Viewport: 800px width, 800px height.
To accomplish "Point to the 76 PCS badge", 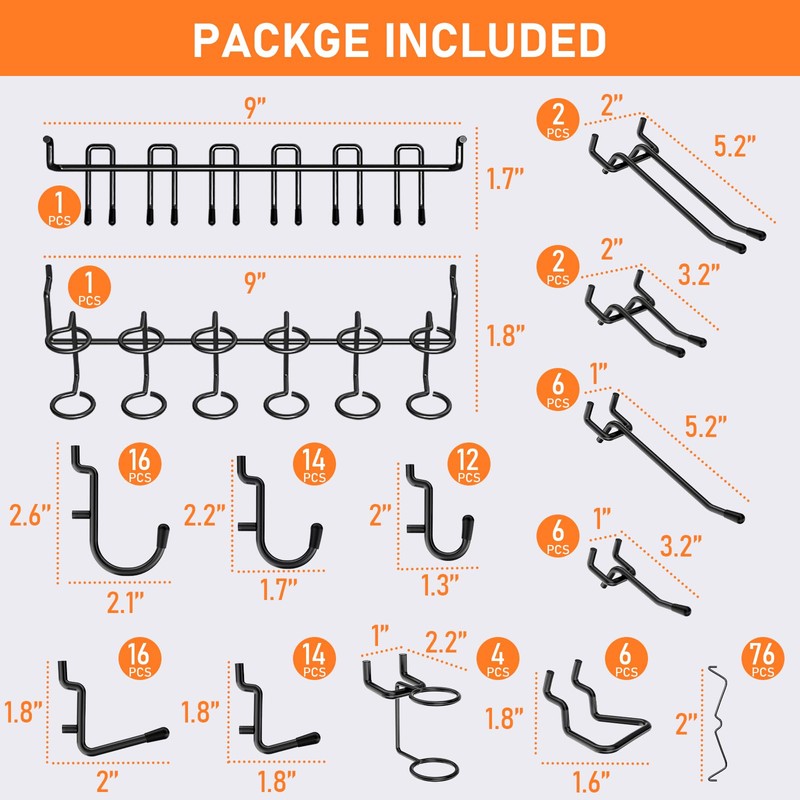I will tap(764, 661).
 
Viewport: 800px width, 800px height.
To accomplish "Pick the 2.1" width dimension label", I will tap(124, 601).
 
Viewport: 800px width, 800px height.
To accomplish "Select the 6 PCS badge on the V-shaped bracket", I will tap(625, 661).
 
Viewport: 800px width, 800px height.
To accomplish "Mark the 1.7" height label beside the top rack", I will tap(507, 180).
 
